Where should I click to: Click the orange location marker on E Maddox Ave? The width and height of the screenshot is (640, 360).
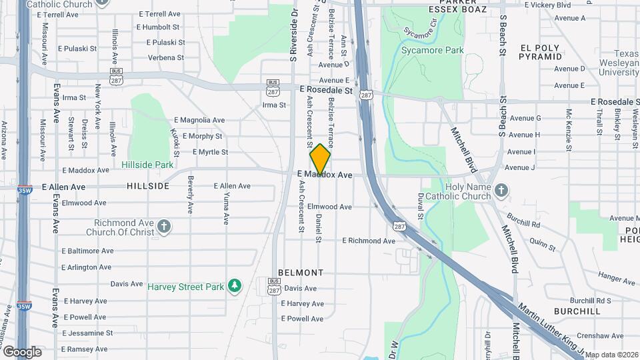pyautogui.click(x=321, y=159)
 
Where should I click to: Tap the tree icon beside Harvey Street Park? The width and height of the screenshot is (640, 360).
pyautogui.click(x=234, y=285)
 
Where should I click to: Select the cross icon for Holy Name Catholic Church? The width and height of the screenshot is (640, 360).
pyautogui.click(x=502, y=192)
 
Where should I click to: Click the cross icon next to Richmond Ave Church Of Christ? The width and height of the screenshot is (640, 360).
pyautogui.click(x=163, y=227)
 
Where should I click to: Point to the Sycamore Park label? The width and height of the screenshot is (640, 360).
pyautogui.click(x=432, y=50)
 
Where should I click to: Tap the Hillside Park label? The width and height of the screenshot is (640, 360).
pyautogui.click(x=147, y=164)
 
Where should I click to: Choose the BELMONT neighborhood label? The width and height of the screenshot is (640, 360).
pyautogui.click(x=301, y=273)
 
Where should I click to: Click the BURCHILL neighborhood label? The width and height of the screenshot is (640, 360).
pyautogui.click(x=577, y=311)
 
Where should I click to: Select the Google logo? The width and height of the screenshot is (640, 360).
pyautogui.click(x=21, y=351)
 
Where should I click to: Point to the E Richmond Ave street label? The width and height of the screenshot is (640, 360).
pyautogui.click(x=369, y=241)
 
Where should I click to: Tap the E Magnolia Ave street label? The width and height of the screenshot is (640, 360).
pyautogui.click(x=199, y=120)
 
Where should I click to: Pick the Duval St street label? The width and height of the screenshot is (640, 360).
pyautogui.click(x=421, y=206)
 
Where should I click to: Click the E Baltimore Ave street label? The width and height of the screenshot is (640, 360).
pyautogui.click(x=87, y=251)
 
